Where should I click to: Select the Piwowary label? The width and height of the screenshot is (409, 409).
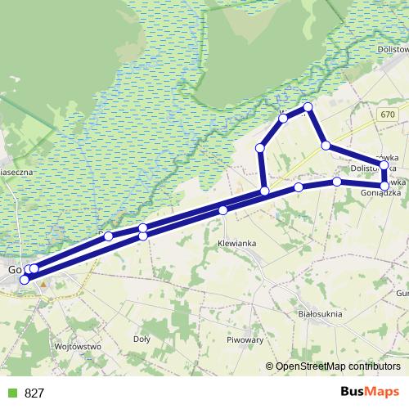tap(245, 339)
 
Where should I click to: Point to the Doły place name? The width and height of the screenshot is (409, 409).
tap(142, 338)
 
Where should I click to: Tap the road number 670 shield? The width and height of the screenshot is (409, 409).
tap(387, 116)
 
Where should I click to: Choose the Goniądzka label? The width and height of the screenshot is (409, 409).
tap(380, 194)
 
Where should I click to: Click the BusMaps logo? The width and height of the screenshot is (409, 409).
tap(370, 392)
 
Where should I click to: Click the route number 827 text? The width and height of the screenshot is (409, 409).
tap(34, 393)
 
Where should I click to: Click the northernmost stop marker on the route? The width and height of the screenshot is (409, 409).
tap(308, 107)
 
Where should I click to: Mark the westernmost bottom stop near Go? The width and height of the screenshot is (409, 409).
tap(24, 280)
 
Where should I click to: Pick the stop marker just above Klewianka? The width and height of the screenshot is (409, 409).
tap(222, 210)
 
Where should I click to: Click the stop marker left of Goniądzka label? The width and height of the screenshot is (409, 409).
tap(337, 181)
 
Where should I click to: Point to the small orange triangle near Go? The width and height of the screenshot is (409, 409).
tap(43, 284)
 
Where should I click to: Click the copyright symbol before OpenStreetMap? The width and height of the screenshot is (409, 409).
tap(270, 366)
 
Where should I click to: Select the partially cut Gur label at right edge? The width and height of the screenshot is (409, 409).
tap(402, 293)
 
